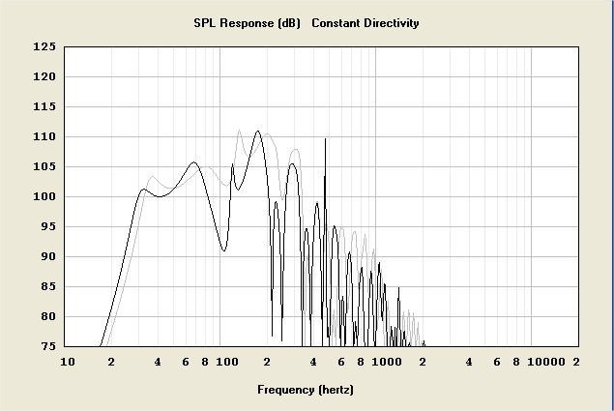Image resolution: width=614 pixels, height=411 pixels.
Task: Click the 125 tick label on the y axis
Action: point(44,46)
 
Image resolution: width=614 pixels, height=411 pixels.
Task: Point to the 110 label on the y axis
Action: point(44,137)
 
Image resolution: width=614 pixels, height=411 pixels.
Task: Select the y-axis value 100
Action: point(44,197)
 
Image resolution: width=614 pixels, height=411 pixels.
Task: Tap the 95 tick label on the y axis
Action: point(46,227)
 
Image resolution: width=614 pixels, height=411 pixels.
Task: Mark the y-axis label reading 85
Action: point(46,287)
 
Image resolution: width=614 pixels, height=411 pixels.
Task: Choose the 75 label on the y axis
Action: point(46,346)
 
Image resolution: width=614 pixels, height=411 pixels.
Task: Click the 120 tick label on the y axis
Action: point(44,76)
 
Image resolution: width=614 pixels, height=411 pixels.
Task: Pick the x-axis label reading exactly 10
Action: point(67,363)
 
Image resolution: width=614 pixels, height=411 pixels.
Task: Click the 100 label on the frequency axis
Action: point(226,363)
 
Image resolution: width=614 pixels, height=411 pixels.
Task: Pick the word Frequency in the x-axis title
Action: point(285,391)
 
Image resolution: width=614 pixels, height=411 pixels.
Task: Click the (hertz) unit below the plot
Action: point(336,391)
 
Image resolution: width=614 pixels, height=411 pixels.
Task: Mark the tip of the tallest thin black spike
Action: point(325,139)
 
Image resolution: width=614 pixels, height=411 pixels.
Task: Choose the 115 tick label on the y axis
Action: point(44,107)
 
